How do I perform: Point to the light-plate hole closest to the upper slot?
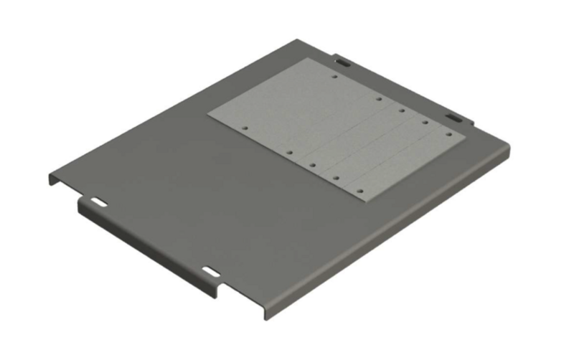coord(334,76)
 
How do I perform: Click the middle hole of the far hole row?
coord(402,111)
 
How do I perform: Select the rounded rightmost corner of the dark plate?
coord(508,147)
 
